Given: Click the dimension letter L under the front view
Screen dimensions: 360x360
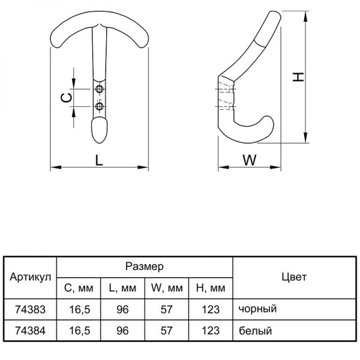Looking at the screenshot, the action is tap(99, 160).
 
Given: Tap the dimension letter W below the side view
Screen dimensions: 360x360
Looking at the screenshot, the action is tap(250, 160).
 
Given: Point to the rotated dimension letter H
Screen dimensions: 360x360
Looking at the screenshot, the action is tap(298, 77).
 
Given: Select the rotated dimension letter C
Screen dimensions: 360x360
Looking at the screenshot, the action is tap(66, 98).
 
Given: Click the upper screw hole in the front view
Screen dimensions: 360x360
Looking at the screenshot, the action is tap(100, 89).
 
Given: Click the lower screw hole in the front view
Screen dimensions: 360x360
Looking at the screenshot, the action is tap(100, 106).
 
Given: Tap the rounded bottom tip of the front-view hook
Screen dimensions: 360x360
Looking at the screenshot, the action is tap(99, 143).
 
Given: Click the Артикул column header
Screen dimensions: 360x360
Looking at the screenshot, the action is tap(31, 277).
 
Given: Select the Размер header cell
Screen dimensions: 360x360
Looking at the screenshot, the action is tap(145, 266).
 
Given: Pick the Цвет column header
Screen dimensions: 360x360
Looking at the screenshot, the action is tap(294, 277).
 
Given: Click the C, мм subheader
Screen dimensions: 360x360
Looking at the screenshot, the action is tap(79, 288).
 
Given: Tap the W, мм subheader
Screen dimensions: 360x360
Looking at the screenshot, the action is tap(167, 288).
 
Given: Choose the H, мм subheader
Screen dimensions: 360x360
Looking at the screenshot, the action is tap(211, 288).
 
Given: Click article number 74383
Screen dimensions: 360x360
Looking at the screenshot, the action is tap(31, 310).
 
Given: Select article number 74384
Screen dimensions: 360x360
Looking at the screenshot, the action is tap(31, 331).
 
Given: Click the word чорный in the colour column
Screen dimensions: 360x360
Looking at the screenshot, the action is tap(257, 309).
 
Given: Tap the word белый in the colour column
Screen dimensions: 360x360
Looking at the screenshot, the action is tap(256, 331).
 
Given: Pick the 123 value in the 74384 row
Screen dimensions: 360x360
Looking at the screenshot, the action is tap(211, 331).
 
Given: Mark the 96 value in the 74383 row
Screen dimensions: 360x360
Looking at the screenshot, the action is tap(122, 310).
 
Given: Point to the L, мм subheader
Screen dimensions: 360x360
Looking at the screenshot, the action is tap(122, 288).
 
